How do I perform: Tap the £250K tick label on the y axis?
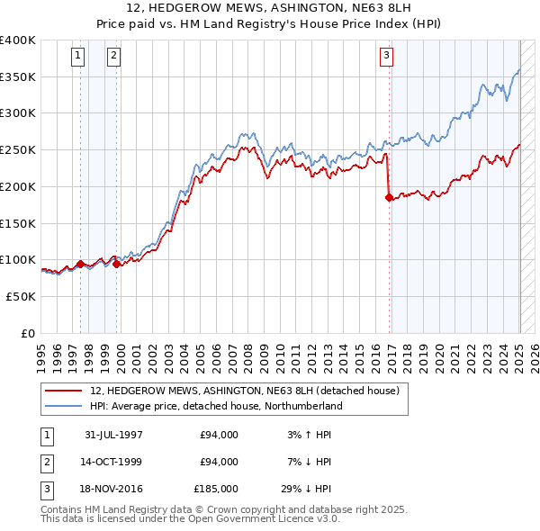[x=18, y=149]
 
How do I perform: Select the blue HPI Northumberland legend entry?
[x=216, y=406]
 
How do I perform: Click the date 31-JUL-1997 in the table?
[x=113, y=435]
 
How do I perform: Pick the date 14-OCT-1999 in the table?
[x=113, y=462]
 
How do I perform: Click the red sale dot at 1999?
[x=117, y=265]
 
